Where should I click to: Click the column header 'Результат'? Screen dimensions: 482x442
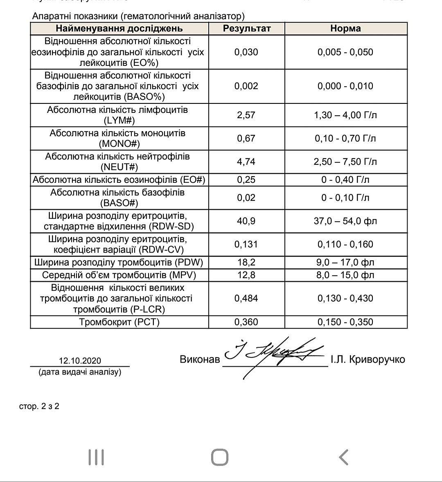pos(246,29)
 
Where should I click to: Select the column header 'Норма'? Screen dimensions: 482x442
pos(345,29)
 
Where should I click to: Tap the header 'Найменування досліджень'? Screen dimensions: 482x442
pos(119,29)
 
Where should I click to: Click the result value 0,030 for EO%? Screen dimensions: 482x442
pos(246,52)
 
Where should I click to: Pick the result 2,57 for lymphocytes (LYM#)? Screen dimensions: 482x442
pos(246,115)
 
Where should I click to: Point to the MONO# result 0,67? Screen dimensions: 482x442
pos(246,138)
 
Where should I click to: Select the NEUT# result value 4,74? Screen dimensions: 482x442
pos(246,161)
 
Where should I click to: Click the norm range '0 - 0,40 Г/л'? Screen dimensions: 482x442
pos(345,179)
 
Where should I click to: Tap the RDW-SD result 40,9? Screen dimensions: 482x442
pos(246,221)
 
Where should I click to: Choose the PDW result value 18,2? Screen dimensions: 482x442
pos(246,262)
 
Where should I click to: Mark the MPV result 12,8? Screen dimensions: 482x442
pos(246,275)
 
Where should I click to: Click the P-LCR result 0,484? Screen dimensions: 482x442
pos(246,298)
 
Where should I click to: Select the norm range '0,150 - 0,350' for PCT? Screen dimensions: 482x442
pos(345,322)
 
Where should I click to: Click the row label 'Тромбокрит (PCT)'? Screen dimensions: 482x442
pos(119,322)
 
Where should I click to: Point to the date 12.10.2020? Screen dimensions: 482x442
pos(80,361)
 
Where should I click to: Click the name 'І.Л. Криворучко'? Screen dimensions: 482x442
pos(368,359)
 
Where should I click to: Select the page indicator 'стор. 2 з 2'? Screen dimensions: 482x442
pos(39,406)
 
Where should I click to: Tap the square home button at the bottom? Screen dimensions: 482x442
pos(220,457)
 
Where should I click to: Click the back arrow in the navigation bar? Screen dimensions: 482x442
pos(344,457)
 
